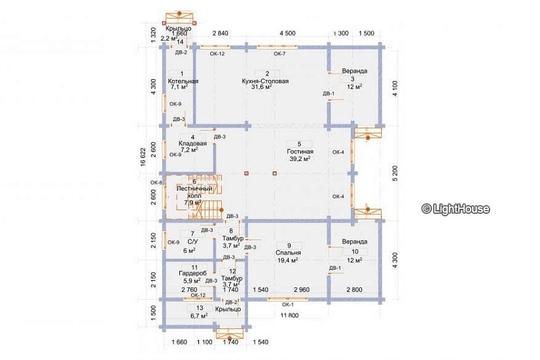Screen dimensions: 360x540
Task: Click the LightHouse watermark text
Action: pyautogui.click(x=456, y=209)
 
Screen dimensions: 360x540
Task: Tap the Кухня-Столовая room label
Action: pyautogui.click(x=264, y=81)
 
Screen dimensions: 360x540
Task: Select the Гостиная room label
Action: pyautogui.click(x=298, y=151)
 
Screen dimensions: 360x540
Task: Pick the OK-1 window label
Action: pyautogui.click(x=287, y=304)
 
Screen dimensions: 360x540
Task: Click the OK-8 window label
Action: pyautogui.click(x=155, y=182)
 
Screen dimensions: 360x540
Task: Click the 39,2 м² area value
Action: pyautogui.click(x=298, y=158)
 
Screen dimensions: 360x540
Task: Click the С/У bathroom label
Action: pyautogui.click(x=192, y=242)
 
